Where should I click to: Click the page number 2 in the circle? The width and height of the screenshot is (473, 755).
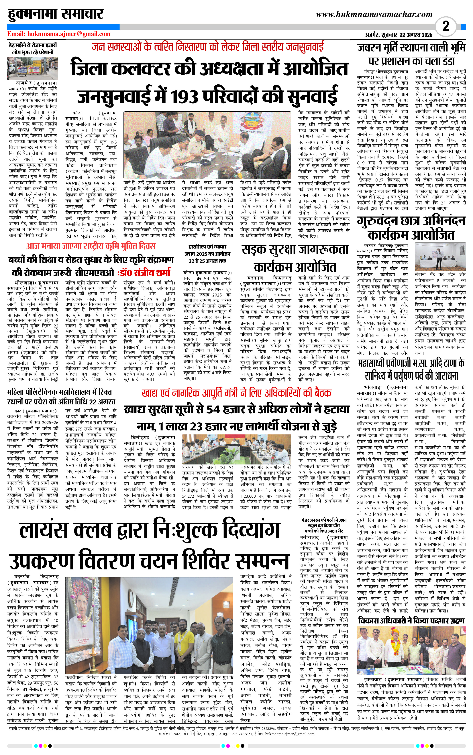446,26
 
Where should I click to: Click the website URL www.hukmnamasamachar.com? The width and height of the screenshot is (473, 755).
374,14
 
